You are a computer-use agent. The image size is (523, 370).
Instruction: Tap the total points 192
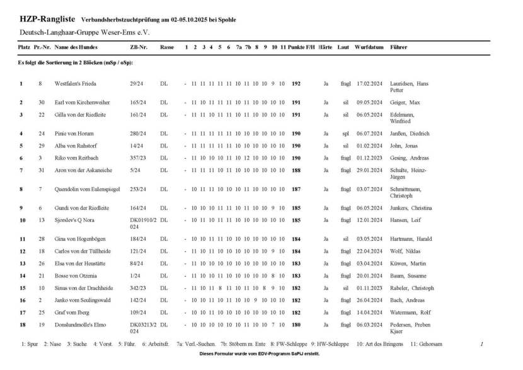coord(296,84)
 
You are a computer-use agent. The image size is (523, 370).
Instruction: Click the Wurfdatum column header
coord(369,47)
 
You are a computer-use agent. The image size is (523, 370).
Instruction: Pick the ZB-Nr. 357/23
coord(139,158)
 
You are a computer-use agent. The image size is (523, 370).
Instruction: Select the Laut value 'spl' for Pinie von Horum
coord(345,134)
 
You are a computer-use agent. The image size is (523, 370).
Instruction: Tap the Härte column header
coord(325,47)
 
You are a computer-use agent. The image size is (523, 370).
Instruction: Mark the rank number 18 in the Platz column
coord(21,324)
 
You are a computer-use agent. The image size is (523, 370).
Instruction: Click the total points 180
coord(296,324)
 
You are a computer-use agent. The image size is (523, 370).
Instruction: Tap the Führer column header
coord(399,47)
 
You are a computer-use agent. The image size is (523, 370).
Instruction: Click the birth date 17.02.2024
coord(370,84)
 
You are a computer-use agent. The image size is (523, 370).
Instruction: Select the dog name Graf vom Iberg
coord(72,312)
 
